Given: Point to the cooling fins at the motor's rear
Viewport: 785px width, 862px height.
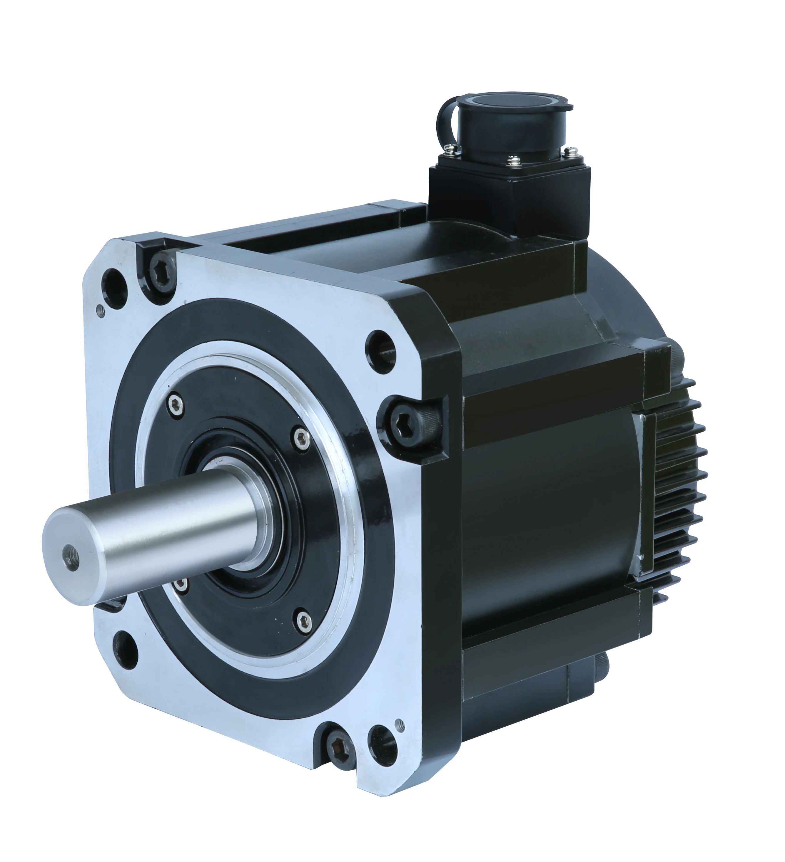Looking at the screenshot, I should [680, 492].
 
